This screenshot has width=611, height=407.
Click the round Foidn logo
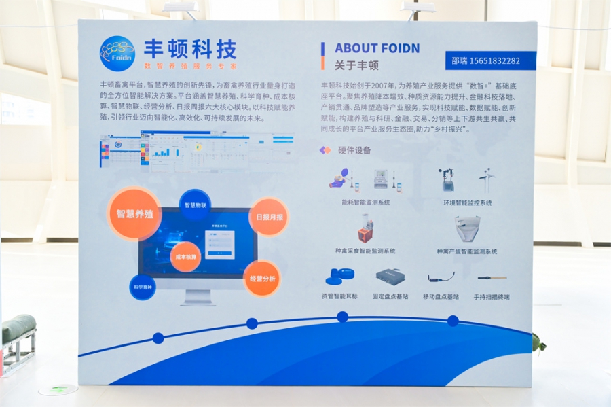[117, 54]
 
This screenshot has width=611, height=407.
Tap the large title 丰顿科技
[190, 48]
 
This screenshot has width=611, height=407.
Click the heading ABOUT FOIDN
[377, 48]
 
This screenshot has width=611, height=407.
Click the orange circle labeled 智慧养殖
[134, 213]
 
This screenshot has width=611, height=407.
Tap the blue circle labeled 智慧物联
[195, 205]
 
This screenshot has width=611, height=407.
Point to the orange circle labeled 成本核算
[185, 258]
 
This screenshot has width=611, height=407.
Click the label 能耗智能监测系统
[365, 202]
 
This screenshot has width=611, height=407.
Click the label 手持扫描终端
[492, 297]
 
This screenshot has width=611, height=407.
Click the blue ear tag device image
[339, 277]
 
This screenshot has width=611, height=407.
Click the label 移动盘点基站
[441, 297]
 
